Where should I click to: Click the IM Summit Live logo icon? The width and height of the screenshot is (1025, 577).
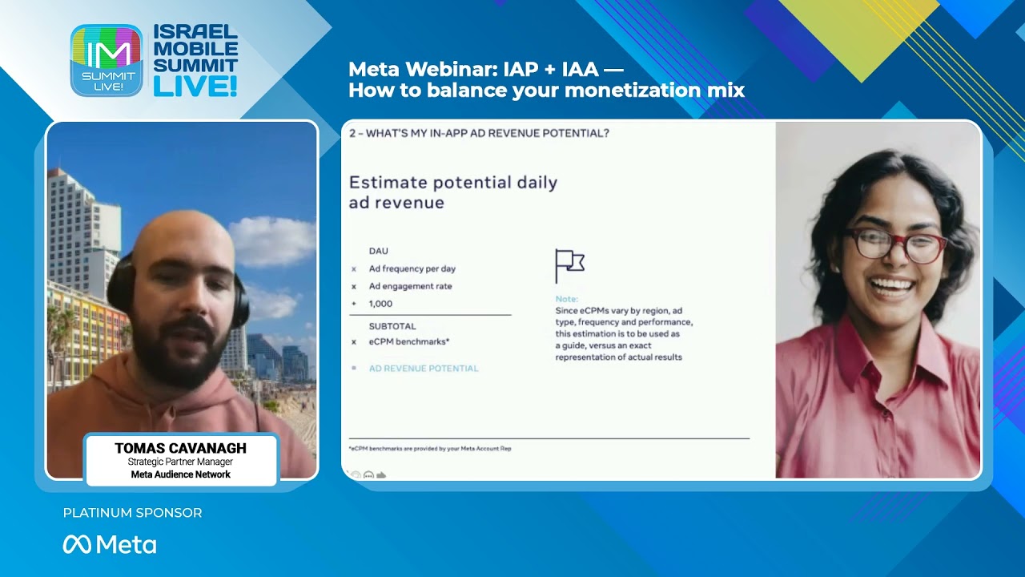pos(107,60)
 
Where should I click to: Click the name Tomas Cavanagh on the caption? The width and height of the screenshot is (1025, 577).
pos(180,448)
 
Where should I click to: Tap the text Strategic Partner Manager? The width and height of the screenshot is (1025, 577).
pos(180,462)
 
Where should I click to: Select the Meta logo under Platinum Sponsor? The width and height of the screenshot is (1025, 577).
pos(110,545)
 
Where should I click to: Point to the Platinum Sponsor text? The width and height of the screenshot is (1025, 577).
pos(132,513)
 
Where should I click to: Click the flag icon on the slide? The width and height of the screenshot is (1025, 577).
pos(569,265)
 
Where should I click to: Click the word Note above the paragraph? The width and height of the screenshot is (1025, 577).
pos(566,299)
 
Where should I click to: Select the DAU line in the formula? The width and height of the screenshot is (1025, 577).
pos(378,251)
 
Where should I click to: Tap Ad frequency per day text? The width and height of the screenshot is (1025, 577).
pos(412,268)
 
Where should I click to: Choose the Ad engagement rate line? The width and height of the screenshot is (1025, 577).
pos(410,286)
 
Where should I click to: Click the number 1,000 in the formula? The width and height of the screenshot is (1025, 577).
pos(380,304)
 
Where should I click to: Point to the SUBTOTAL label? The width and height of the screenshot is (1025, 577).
pos(392,326)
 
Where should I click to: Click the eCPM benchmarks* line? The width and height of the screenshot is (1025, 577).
pos(408,341)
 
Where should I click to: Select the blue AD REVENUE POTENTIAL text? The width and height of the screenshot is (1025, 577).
pos(423,369)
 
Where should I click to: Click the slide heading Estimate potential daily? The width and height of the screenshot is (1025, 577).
pos(452,183)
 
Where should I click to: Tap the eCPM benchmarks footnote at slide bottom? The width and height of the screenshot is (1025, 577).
pos(430,449)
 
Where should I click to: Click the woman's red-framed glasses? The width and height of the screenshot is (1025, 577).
pos(894,245)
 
